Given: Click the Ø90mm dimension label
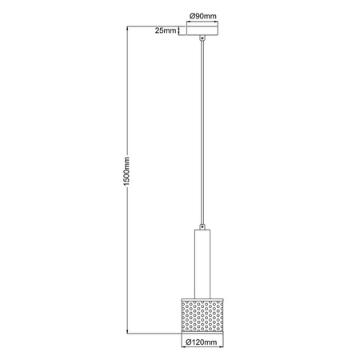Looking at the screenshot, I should (x=204, y=15).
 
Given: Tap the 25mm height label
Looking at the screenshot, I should (x=165, y=30).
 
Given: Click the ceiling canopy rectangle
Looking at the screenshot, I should (x=204, y=30).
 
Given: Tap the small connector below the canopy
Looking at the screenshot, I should (x=204, y=38).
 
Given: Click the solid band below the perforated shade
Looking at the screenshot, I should (x=204, y=329).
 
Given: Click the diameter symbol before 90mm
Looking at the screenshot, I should (x=193, y=15).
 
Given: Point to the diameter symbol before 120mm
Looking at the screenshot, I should (x=188, y=342).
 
